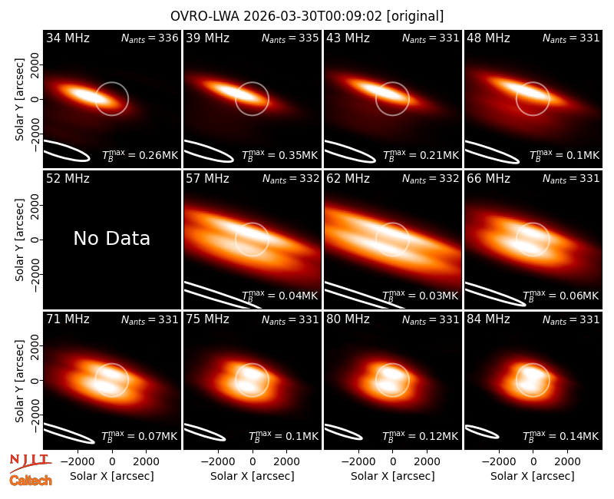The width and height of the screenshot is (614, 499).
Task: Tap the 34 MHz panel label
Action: (68, 38)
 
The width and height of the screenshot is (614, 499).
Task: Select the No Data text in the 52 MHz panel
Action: (111, 238)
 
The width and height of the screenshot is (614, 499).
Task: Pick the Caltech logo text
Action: (31, 481)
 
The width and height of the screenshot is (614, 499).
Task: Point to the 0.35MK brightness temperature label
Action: (279, 155)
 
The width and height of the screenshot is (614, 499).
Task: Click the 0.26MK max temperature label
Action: (140, 155)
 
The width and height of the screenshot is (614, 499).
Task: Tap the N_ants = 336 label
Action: (150, 38)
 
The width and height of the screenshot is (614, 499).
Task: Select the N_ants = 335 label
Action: (290, 38)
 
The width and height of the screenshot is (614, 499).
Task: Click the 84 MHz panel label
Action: (488, 319)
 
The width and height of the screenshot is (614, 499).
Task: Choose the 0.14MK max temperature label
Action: (561, 435)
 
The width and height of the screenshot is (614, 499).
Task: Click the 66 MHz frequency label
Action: (488, 179)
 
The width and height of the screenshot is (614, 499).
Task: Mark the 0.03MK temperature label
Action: (420, 296)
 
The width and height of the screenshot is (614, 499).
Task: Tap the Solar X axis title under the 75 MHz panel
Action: (253, 476)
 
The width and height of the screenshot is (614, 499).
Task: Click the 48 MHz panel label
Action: (488, 38)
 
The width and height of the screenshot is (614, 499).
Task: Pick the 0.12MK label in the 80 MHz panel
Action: (420, 435)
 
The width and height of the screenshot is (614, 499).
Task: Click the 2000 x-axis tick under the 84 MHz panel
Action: (568, 461)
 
